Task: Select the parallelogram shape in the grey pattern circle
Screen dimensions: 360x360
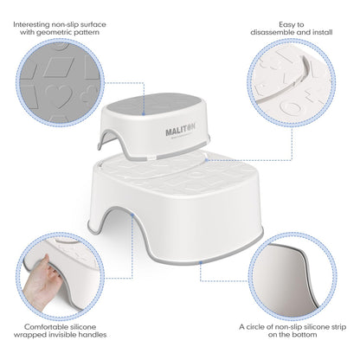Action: coord(59,67)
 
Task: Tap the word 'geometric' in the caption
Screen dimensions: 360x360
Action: coord(53,32)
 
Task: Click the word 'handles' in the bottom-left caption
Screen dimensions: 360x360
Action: coord(92,335)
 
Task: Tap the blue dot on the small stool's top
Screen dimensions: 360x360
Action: coord(144,114)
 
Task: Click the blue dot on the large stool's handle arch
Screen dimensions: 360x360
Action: coord(132,215)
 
